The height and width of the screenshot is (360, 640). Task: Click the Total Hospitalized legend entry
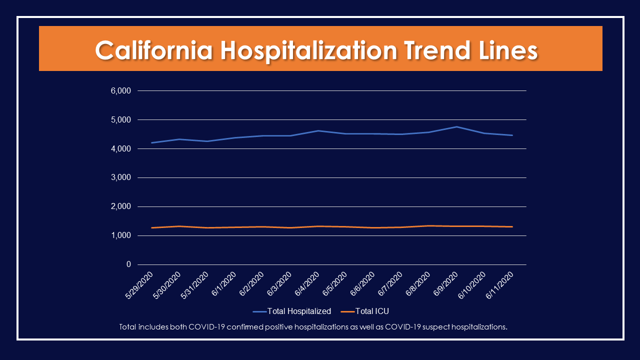(298, 311)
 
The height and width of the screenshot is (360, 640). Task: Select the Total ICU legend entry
(371, 311)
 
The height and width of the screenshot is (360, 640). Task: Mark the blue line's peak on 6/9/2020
(456, 126)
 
